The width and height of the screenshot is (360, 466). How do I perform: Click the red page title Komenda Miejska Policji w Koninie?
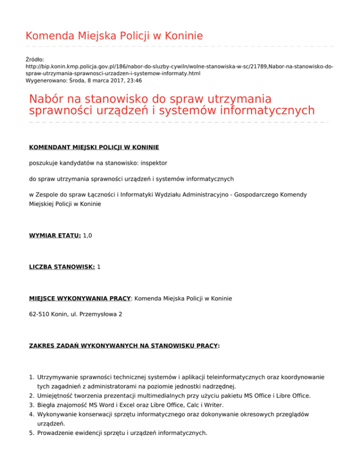[x=114, y=36]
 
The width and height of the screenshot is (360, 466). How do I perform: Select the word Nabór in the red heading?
[x=49, y=100]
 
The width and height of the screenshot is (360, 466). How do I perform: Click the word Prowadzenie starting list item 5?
[x=59, y=433]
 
